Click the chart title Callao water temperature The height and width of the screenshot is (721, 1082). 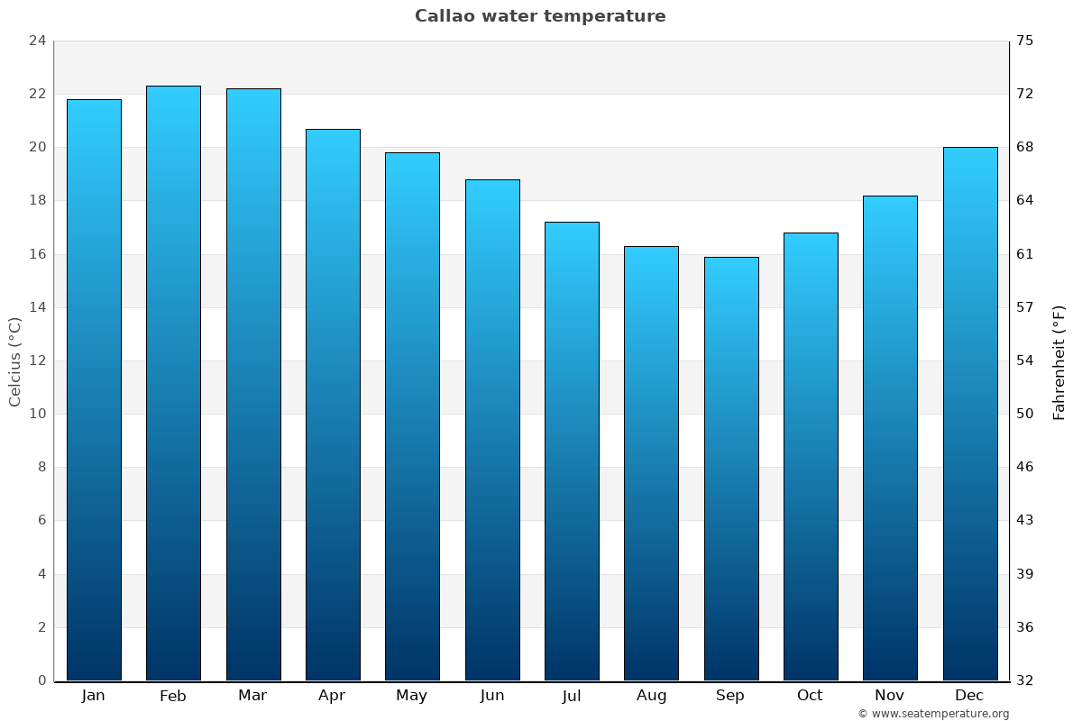point(540,16)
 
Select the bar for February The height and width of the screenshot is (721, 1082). point(173,383)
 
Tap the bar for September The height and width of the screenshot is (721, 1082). point(731,469)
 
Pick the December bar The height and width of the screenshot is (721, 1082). point(970,414)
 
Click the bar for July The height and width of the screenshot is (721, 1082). point(572,451)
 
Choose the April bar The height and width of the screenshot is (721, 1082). point(333,405)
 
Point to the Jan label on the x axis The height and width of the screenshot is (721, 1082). point(93,696)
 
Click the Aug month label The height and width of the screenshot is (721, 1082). point(651,696)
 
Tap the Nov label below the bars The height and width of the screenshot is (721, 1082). point(890,696)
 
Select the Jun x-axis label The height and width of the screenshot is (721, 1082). point(492,696)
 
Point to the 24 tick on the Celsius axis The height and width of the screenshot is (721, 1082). point(37,41)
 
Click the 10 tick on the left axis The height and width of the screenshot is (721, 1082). point(37,414)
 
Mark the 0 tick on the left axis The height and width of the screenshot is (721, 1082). point(41,680)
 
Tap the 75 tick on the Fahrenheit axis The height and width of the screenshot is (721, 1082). point(1025,41)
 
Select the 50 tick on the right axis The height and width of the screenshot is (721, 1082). point(1025,414)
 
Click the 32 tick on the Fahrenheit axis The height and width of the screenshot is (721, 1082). point(1025,680)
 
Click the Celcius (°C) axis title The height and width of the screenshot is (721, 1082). point(15,360)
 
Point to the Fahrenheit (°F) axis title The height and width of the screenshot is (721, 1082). point(1059,362)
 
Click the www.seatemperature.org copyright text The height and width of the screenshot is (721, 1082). point(933,714)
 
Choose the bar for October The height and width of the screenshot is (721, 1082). point(811,457)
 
